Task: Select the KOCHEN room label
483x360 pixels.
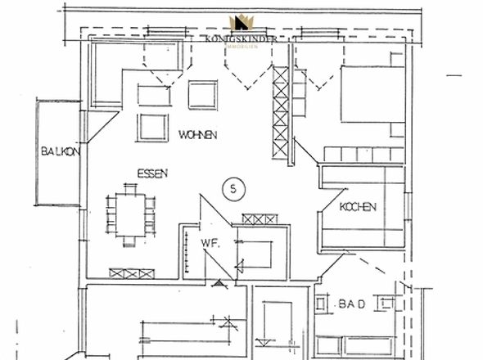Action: click(x=358, y=207)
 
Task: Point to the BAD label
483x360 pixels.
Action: click(x=350, y=304)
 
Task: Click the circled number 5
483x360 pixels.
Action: click(x=234, y=189)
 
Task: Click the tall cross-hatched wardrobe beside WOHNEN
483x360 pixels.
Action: click(x=281, y=113)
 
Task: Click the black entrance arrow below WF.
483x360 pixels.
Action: click(x=218, y=284)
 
